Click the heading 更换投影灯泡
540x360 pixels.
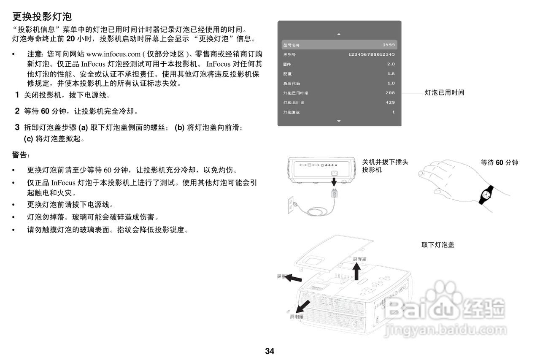tap(42, 17)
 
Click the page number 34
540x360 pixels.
tap(270, 351)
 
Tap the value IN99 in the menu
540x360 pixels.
tap(389, 45)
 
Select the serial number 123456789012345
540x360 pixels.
tap(372, 54)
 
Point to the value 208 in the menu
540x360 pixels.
tap(390, 93)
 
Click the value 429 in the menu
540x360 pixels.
tap(390, 103)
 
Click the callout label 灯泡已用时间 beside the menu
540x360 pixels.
tap(444, 93)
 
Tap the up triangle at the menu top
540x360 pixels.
tap(339, 34)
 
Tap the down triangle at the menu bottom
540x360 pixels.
tap(339, 121)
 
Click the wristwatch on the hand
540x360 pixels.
tap(486, 195)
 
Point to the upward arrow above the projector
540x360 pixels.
tap(357, 271)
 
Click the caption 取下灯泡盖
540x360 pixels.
tap(438, 245)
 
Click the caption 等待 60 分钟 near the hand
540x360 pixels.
tap(499, 162)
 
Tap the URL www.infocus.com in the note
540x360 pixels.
tap(113, 54)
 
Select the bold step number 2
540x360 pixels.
tap(17, 111)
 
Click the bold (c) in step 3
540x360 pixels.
tap(29, 138)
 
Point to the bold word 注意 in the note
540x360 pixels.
tap(35, 54)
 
